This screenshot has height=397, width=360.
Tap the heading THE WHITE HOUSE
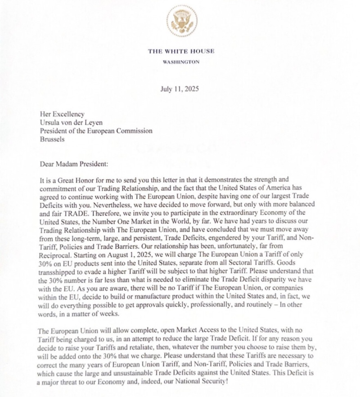pos(181,51)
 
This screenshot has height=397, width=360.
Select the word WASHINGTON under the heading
pos(181,62)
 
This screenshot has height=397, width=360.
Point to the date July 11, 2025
pos(180,89)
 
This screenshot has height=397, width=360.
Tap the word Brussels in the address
pos(52,139)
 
